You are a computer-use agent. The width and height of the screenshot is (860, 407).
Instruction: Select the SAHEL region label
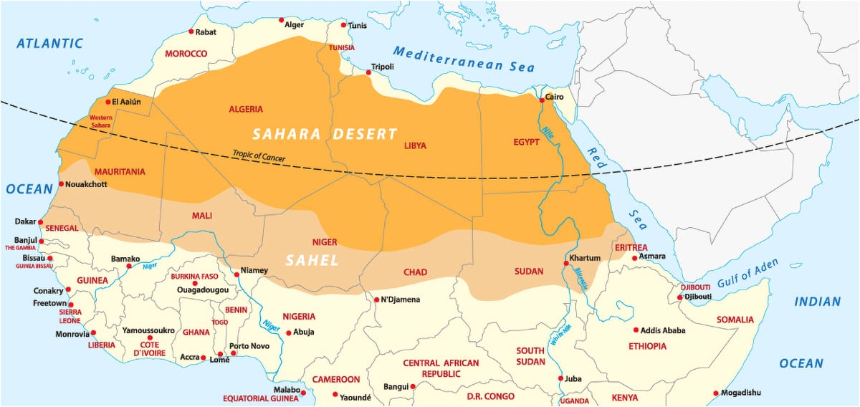[312, 261]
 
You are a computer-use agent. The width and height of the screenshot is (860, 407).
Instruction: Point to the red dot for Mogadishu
[716, 393]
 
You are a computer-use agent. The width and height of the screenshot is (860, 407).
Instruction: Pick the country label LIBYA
[415, 145]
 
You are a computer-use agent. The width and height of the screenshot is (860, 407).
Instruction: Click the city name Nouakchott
[87, 184]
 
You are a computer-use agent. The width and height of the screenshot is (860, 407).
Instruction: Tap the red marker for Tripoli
[368, 72]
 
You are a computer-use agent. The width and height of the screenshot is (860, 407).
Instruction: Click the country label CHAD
[416, 272]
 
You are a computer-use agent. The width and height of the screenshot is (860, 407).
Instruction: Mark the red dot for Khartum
[566, 264]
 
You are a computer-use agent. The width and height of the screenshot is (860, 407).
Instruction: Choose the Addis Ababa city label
[664, 330]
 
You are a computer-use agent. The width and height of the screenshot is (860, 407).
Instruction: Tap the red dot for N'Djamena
[376, 300]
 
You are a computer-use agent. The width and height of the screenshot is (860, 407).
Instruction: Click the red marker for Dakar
[41, 222]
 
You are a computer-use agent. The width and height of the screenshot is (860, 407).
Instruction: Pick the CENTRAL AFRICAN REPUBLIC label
[441, 368]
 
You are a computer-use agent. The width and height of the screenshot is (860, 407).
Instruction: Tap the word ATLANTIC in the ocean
[50, 44]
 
